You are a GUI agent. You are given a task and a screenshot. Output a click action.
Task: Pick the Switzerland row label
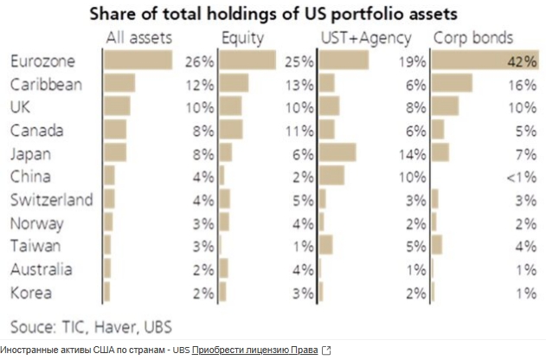(x=51, y=200)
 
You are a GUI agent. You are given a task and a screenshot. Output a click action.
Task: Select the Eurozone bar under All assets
(x=138, y=61)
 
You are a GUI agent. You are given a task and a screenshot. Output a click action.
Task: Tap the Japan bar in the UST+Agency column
(x=337, y=153)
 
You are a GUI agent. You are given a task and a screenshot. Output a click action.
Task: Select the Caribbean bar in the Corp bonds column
(x=452, y=84)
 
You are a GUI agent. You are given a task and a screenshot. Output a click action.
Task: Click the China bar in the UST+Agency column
(x=331, y=177)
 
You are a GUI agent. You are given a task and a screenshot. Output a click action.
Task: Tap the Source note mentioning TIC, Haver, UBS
(x=92, y=326)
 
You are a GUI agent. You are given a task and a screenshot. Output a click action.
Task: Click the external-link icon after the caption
(x=326, y=350)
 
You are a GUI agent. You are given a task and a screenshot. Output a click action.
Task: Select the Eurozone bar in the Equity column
(x=247, y=61)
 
